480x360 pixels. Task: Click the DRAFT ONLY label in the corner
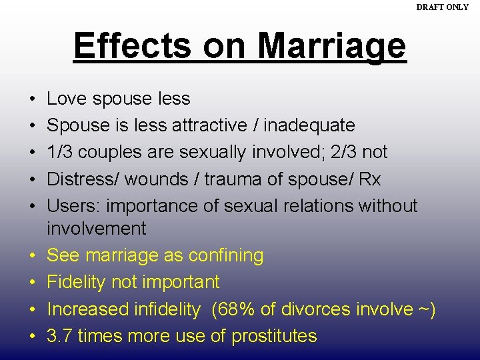pyautogui.click(x=442, y=7)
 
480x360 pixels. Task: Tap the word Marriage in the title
pyautogui.click(x=331, y=45)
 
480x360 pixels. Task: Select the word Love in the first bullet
pyautogui.click(x=63, y=99)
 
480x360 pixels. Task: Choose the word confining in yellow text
pyautogui.click(x=226, y=255)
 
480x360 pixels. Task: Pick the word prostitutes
pyautogui.click(x=274, y=336)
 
